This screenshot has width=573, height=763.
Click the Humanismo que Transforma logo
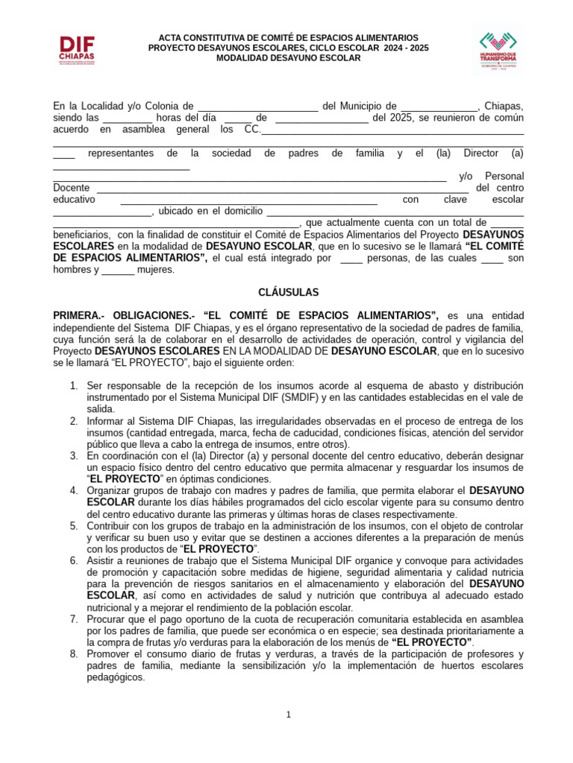point(498,51)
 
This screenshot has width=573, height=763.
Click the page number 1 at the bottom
point(288,715)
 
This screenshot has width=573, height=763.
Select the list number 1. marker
point(74,385)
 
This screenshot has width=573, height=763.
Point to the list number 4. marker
point(74,490)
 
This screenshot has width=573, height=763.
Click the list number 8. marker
point(74,654)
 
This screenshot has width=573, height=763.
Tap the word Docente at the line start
point(72,188)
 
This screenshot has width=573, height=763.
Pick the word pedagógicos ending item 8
point(116,678)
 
